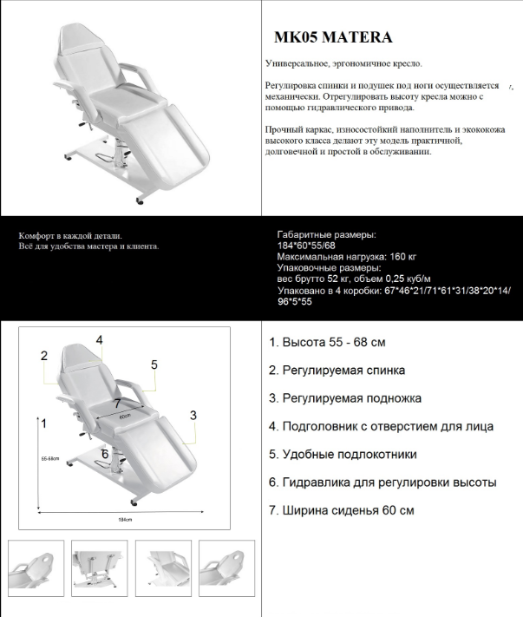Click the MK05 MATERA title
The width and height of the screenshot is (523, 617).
pyautogui.click(x=332, y=37)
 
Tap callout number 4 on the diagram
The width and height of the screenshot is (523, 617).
pyautogui.click(x=100, y=339)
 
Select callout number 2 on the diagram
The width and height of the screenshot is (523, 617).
pyautogui.click(x=42, y=355)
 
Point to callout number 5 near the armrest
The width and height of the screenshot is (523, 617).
pyautogui.click(x=154, y=364)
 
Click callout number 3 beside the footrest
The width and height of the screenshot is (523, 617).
pyautogui.click(x=193, y=415)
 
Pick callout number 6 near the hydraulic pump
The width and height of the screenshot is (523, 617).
pyautogui.click(x=105, y=453)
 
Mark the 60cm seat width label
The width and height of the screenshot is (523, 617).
pyautogui.click(x=123, y=417)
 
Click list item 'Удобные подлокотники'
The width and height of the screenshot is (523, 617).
pyautogui.click(x=343, y=454)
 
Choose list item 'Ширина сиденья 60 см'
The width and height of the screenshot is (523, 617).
pyautogui.click(x=341, y=510)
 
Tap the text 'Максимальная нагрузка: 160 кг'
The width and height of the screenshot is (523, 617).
pyautogui.click(x=347, y=258)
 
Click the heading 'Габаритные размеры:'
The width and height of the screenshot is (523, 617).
pyautogui.click(x=326, y=235)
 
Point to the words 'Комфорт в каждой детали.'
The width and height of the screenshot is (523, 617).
pyautogui.click(x=70, y=236)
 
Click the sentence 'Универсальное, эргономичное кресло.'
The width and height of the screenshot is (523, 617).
pyautogui.click(x=344, y=64)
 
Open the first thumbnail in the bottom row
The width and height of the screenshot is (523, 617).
pyautogui.click(x=34, y=568)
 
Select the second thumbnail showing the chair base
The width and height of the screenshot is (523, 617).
pyautogui.click(x=98, y=568)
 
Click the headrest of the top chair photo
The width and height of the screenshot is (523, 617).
pyautogui.click(x=79, y=39)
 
